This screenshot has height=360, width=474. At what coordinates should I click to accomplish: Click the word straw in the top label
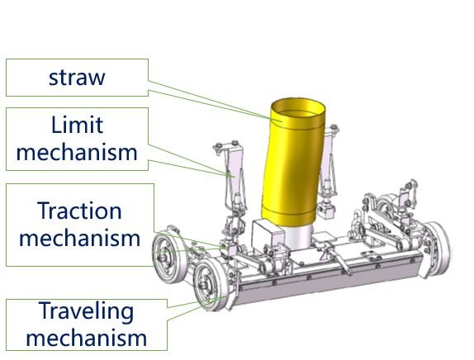tap(77, 78)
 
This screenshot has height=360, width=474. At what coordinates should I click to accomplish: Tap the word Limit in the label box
tap(77, 125)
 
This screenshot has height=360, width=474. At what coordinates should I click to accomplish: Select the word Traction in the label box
tap(79, 211)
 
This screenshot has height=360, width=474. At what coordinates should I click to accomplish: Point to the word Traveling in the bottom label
tap(86, 311)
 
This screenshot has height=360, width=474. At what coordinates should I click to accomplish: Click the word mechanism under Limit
tap(77, 152)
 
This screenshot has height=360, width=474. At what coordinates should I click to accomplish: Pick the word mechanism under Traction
tap(80, 238)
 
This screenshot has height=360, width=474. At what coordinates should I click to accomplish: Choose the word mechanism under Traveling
tap(87, 338)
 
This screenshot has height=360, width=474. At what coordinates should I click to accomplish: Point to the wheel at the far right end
tap(438, 249)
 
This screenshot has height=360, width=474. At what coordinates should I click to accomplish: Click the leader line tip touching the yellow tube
tap(282, 121)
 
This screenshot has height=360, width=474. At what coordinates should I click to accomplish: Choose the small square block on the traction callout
tap(232, 250)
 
